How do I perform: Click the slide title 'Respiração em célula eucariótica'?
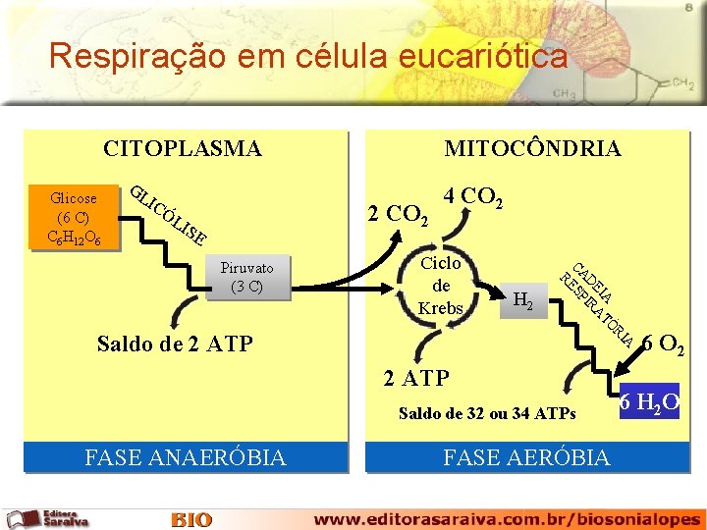click(307, 56)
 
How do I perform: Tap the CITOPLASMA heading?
click(183, 149)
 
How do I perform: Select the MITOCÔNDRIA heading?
click(532, 149)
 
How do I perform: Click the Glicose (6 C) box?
click(74, 218)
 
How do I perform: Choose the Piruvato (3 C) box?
click(246, 278)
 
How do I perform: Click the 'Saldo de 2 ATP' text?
click(175, 344)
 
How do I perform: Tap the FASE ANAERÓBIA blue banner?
click(186, 457)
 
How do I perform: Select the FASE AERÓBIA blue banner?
click(526, 457)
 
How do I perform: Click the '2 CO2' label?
click(396, 214)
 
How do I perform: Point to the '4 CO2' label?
click(473, 197)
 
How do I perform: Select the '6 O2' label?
click(663, 344)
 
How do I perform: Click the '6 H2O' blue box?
click(650, 402)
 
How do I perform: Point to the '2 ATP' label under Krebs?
click(415, 378)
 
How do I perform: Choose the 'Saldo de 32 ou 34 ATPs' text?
click(487, 413)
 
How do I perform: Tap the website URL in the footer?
click(508, 518)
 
